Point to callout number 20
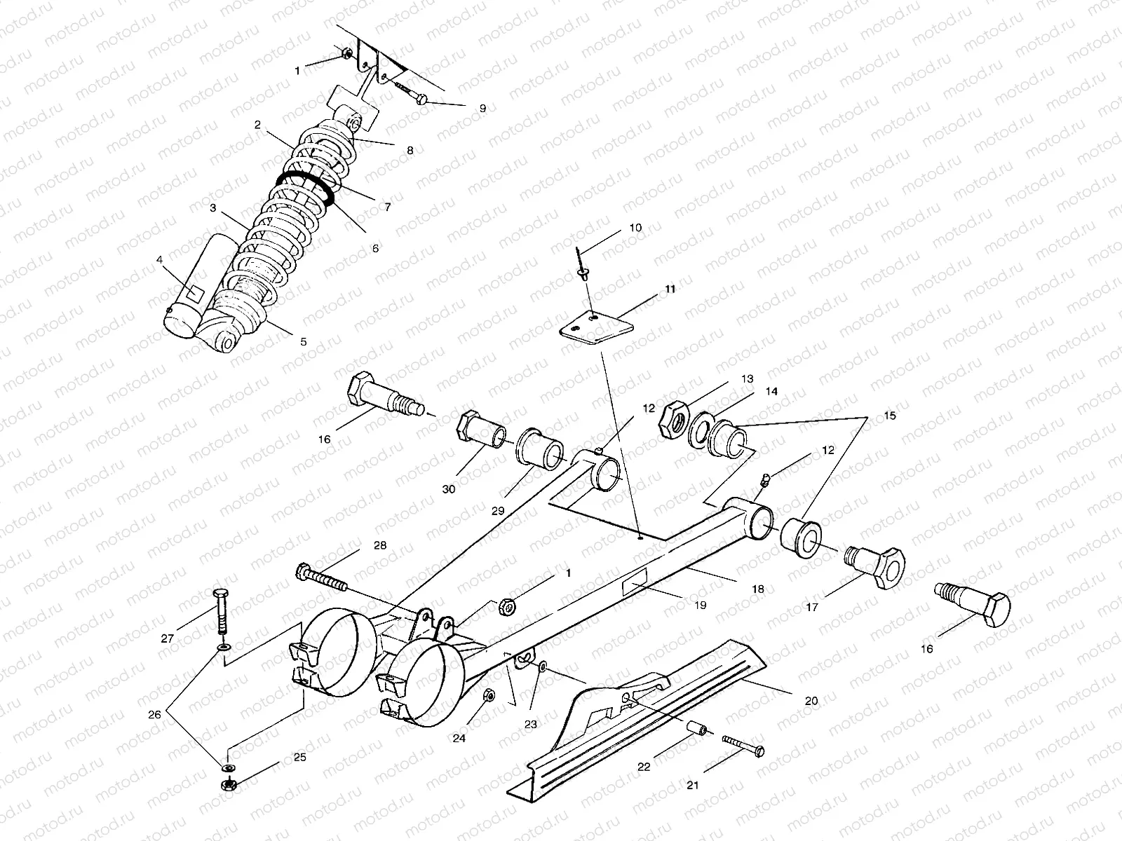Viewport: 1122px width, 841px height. [x=811, y=700]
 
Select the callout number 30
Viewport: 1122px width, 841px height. [x=449, y=489]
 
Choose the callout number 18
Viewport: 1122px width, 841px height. [x=758, y=589]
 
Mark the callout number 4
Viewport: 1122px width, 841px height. [x=160, y=259]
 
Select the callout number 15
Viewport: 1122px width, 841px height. [x=891, y=416]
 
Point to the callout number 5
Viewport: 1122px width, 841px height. [x=304, y=342]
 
